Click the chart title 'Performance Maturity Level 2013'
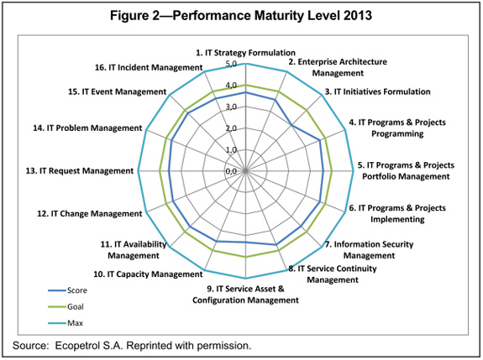coord(241,15)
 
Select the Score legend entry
coord(78,290)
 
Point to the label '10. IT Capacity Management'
coord(148,274)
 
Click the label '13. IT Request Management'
coord(80,171)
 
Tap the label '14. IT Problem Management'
coord(88,128)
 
